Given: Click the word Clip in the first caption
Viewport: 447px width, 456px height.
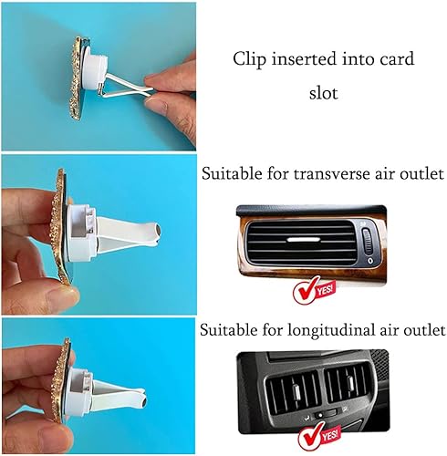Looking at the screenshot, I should (x=249, y=60).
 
